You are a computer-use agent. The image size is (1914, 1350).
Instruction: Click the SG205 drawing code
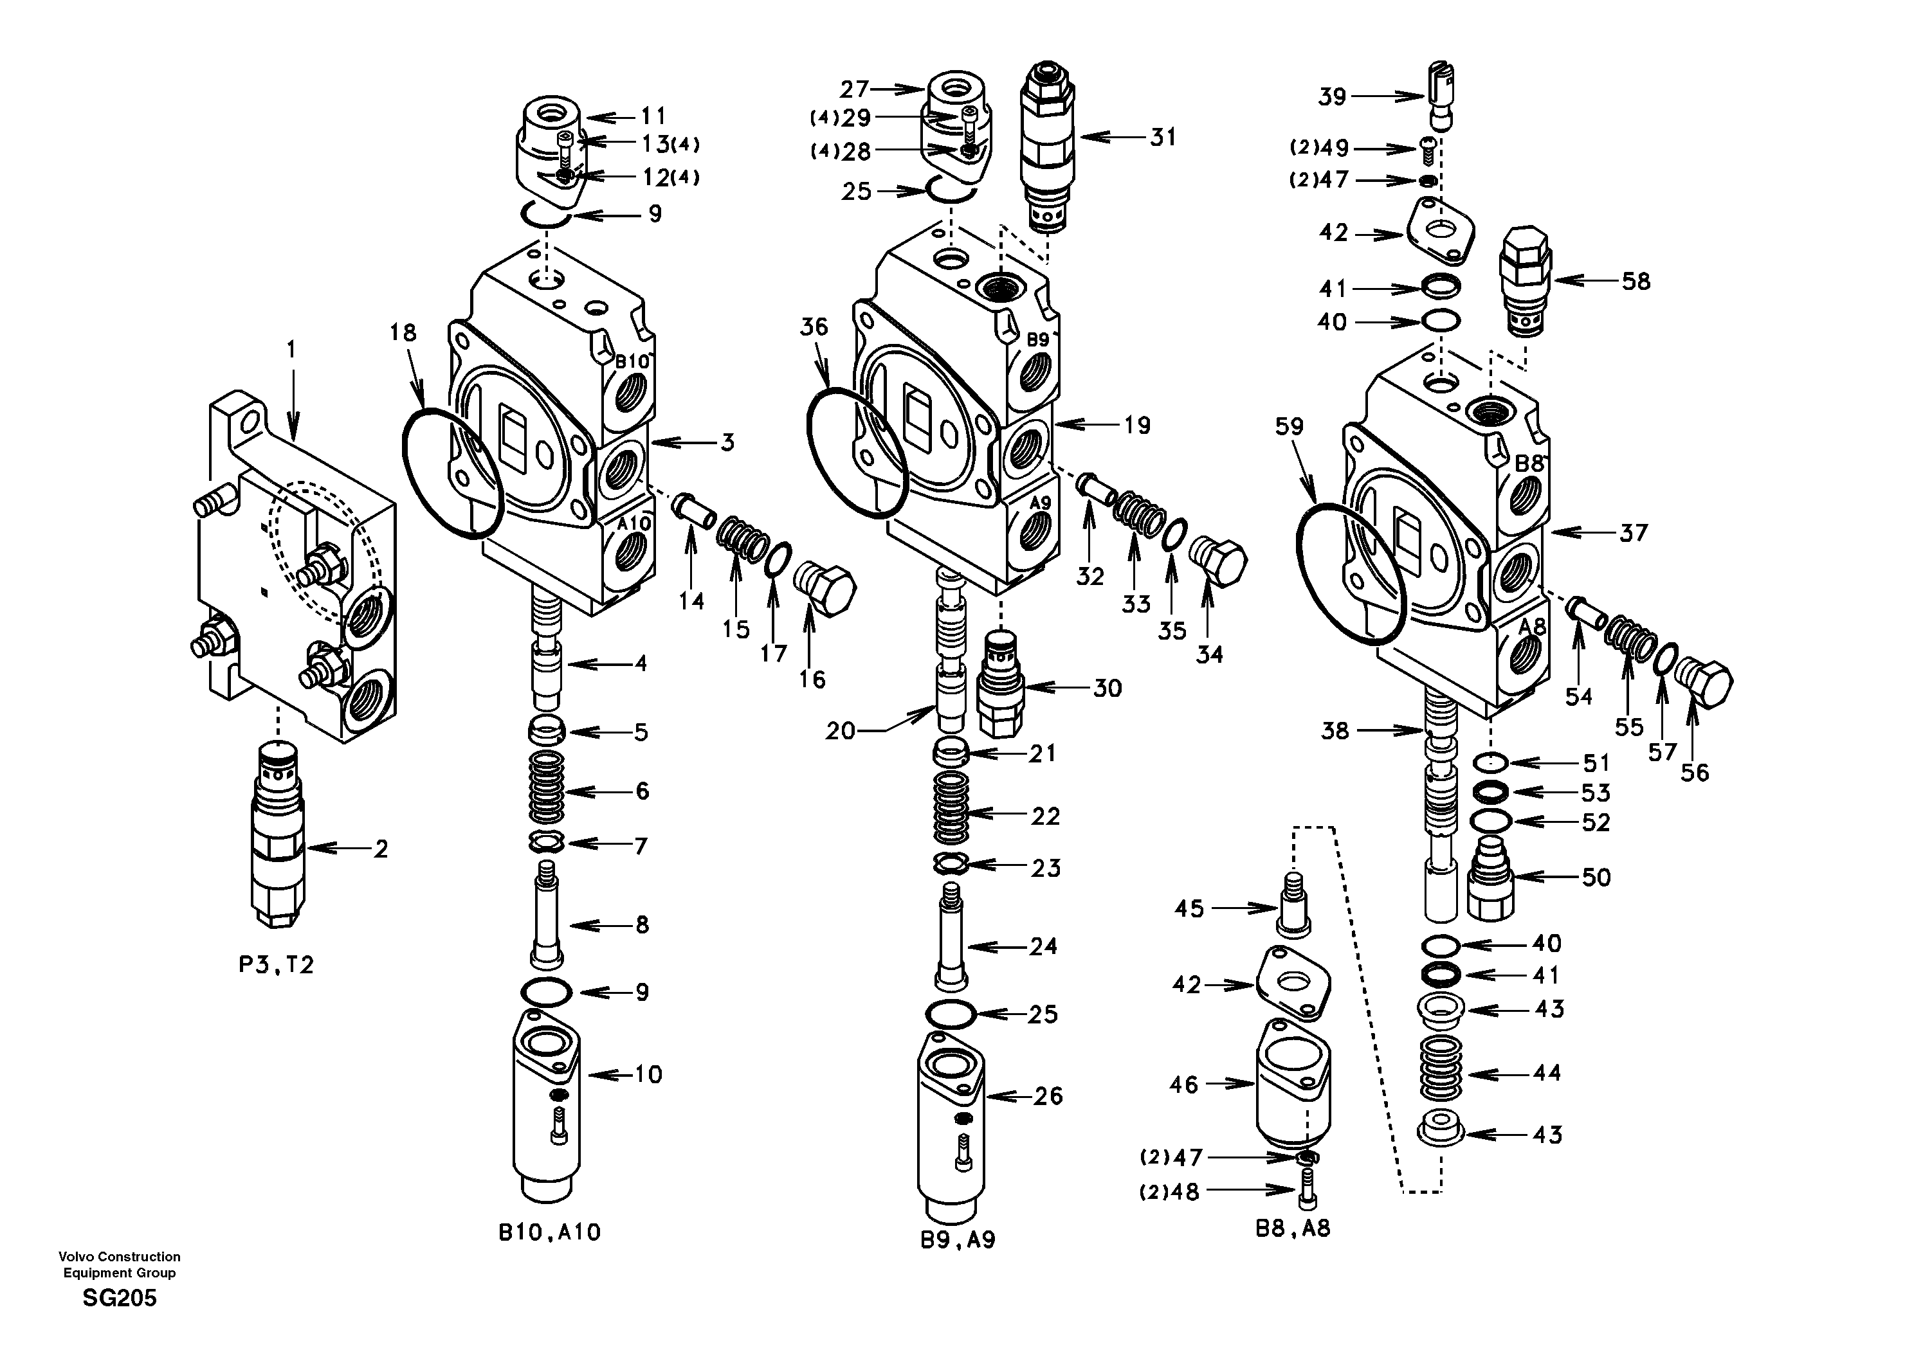pyautogui.click(x=119, y=1299)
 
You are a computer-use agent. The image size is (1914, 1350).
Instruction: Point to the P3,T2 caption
pyautogui.click(x=276, y=966)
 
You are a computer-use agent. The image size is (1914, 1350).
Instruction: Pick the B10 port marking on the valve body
pyautogui.click(x=632, y=363)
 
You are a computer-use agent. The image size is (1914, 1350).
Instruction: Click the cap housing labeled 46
pyautogui.click(x=1291, y=1083)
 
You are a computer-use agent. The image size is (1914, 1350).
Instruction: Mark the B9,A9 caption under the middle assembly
pyautogui.click(x=958, y=1240)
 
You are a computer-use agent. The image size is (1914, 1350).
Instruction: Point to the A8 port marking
pyautogui.click(x=1531, y=626)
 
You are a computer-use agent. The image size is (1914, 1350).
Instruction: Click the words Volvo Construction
pyautogui.click(x=119, y=1257)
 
